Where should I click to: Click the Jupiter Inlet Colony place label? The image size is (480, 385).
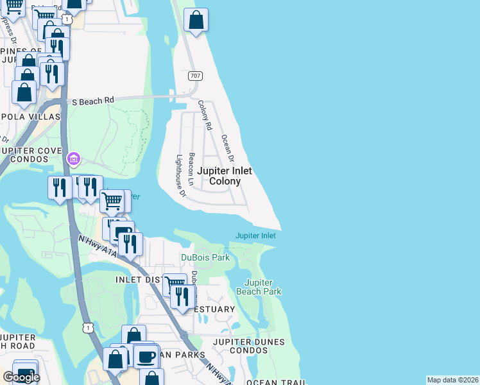pyautogui.click(x=224, y=176)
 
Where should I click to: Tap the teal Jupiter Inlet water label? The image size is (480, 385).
pyautogui.click(x=255, y=235)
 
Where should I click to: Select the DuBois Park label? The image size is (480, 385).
pyautogui.click(x=205, y=257)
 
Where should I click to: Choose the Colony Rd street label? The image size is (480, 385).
pyautogui.click(x=205, y=116)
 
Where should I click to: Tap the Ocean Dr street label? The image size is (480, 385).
pyautogui.click(x=227, y=148)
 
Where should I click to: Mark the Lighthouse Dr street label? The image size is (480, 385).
pyautogui.click(x=180, y=175)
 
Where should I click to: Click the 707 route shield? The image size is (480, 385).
pyautogui.click(x=195, y=76)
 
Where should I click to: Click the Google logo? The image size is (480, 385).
pyautogui.click(x=21, y=377)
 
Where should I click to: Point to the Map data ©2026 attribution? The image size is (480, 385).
pyautogui.click(x=452, y=380)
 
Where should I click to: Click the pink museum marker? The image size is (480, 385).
pyautogui.click(x=73, y=158)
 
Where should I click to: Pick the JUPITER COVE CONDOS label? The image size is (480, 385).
pyautogui.click(x=30, y=155)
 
